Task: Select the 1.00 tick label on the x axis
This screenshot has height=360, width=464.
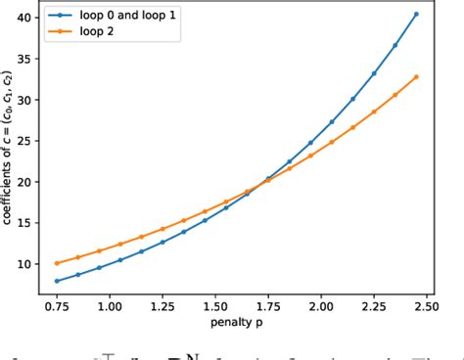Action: tap(109, 304)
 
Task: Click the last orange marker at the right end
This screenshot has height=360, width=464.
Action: tap(416, 76)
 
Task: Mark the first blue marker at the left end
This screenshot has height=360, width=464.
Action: tap(57, 281)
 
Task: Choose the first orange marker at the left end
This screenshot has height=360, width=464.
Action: tap(57, 263)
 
